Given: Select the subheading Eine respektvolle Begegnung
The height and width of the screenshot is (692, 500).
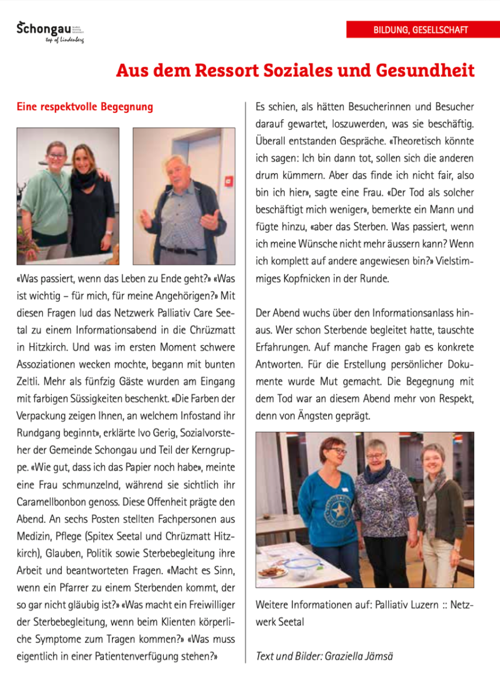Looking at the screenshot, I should pos(85,107).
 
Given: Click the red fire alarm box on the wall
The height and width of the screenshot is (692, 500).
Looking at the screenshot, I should pos(230,181).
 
